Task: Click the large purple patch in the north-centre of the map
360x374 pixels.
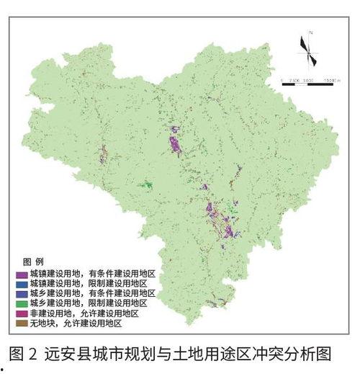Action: tap(175, 144)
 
